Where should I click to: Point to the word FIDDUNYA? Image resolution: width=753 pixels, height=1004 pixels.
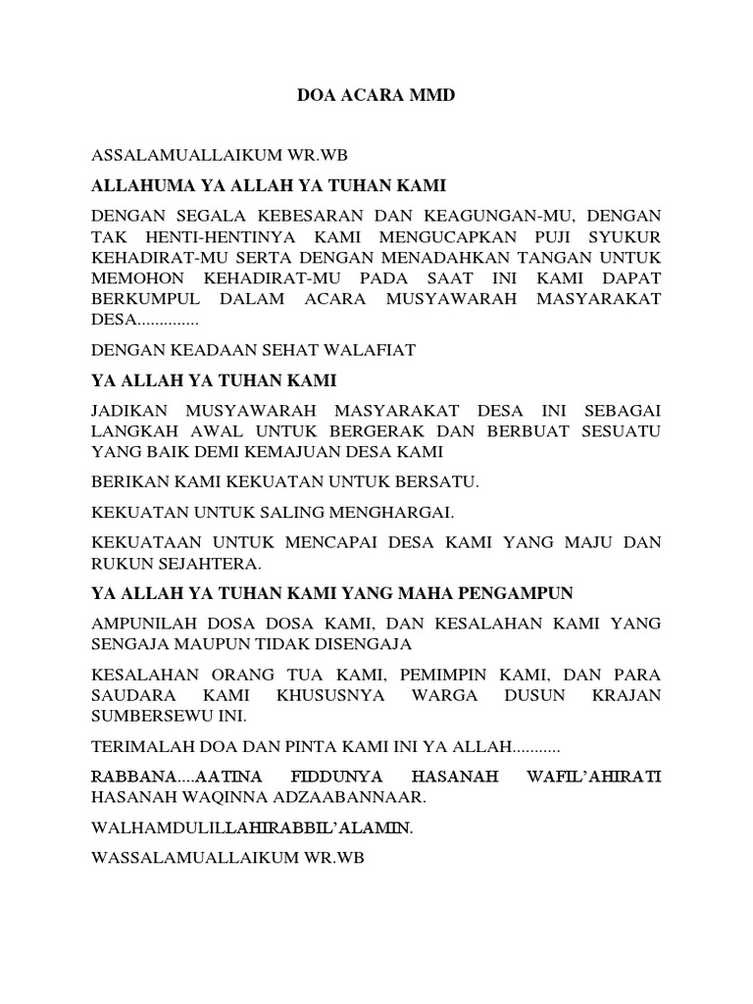(343, 778)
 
